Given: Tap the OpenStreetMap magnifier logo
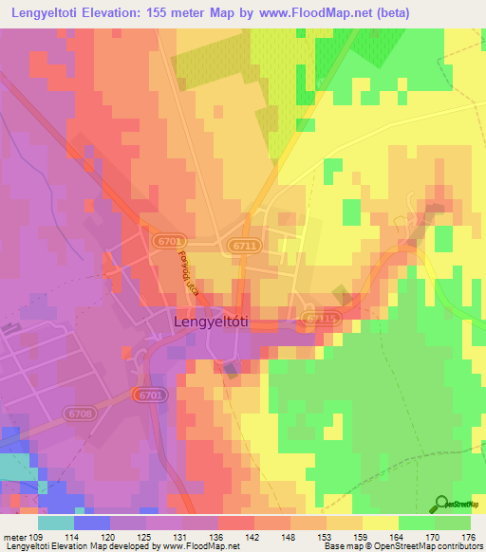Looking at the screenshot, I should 441,504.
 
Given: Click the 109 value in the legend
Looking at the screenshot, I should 38,537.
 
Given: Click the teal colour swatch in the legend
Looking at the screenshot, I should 56,523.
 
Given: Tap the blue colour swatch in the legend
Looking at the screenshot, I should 91,523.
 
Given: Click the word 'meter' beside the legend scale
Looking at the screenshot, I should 15,537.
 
